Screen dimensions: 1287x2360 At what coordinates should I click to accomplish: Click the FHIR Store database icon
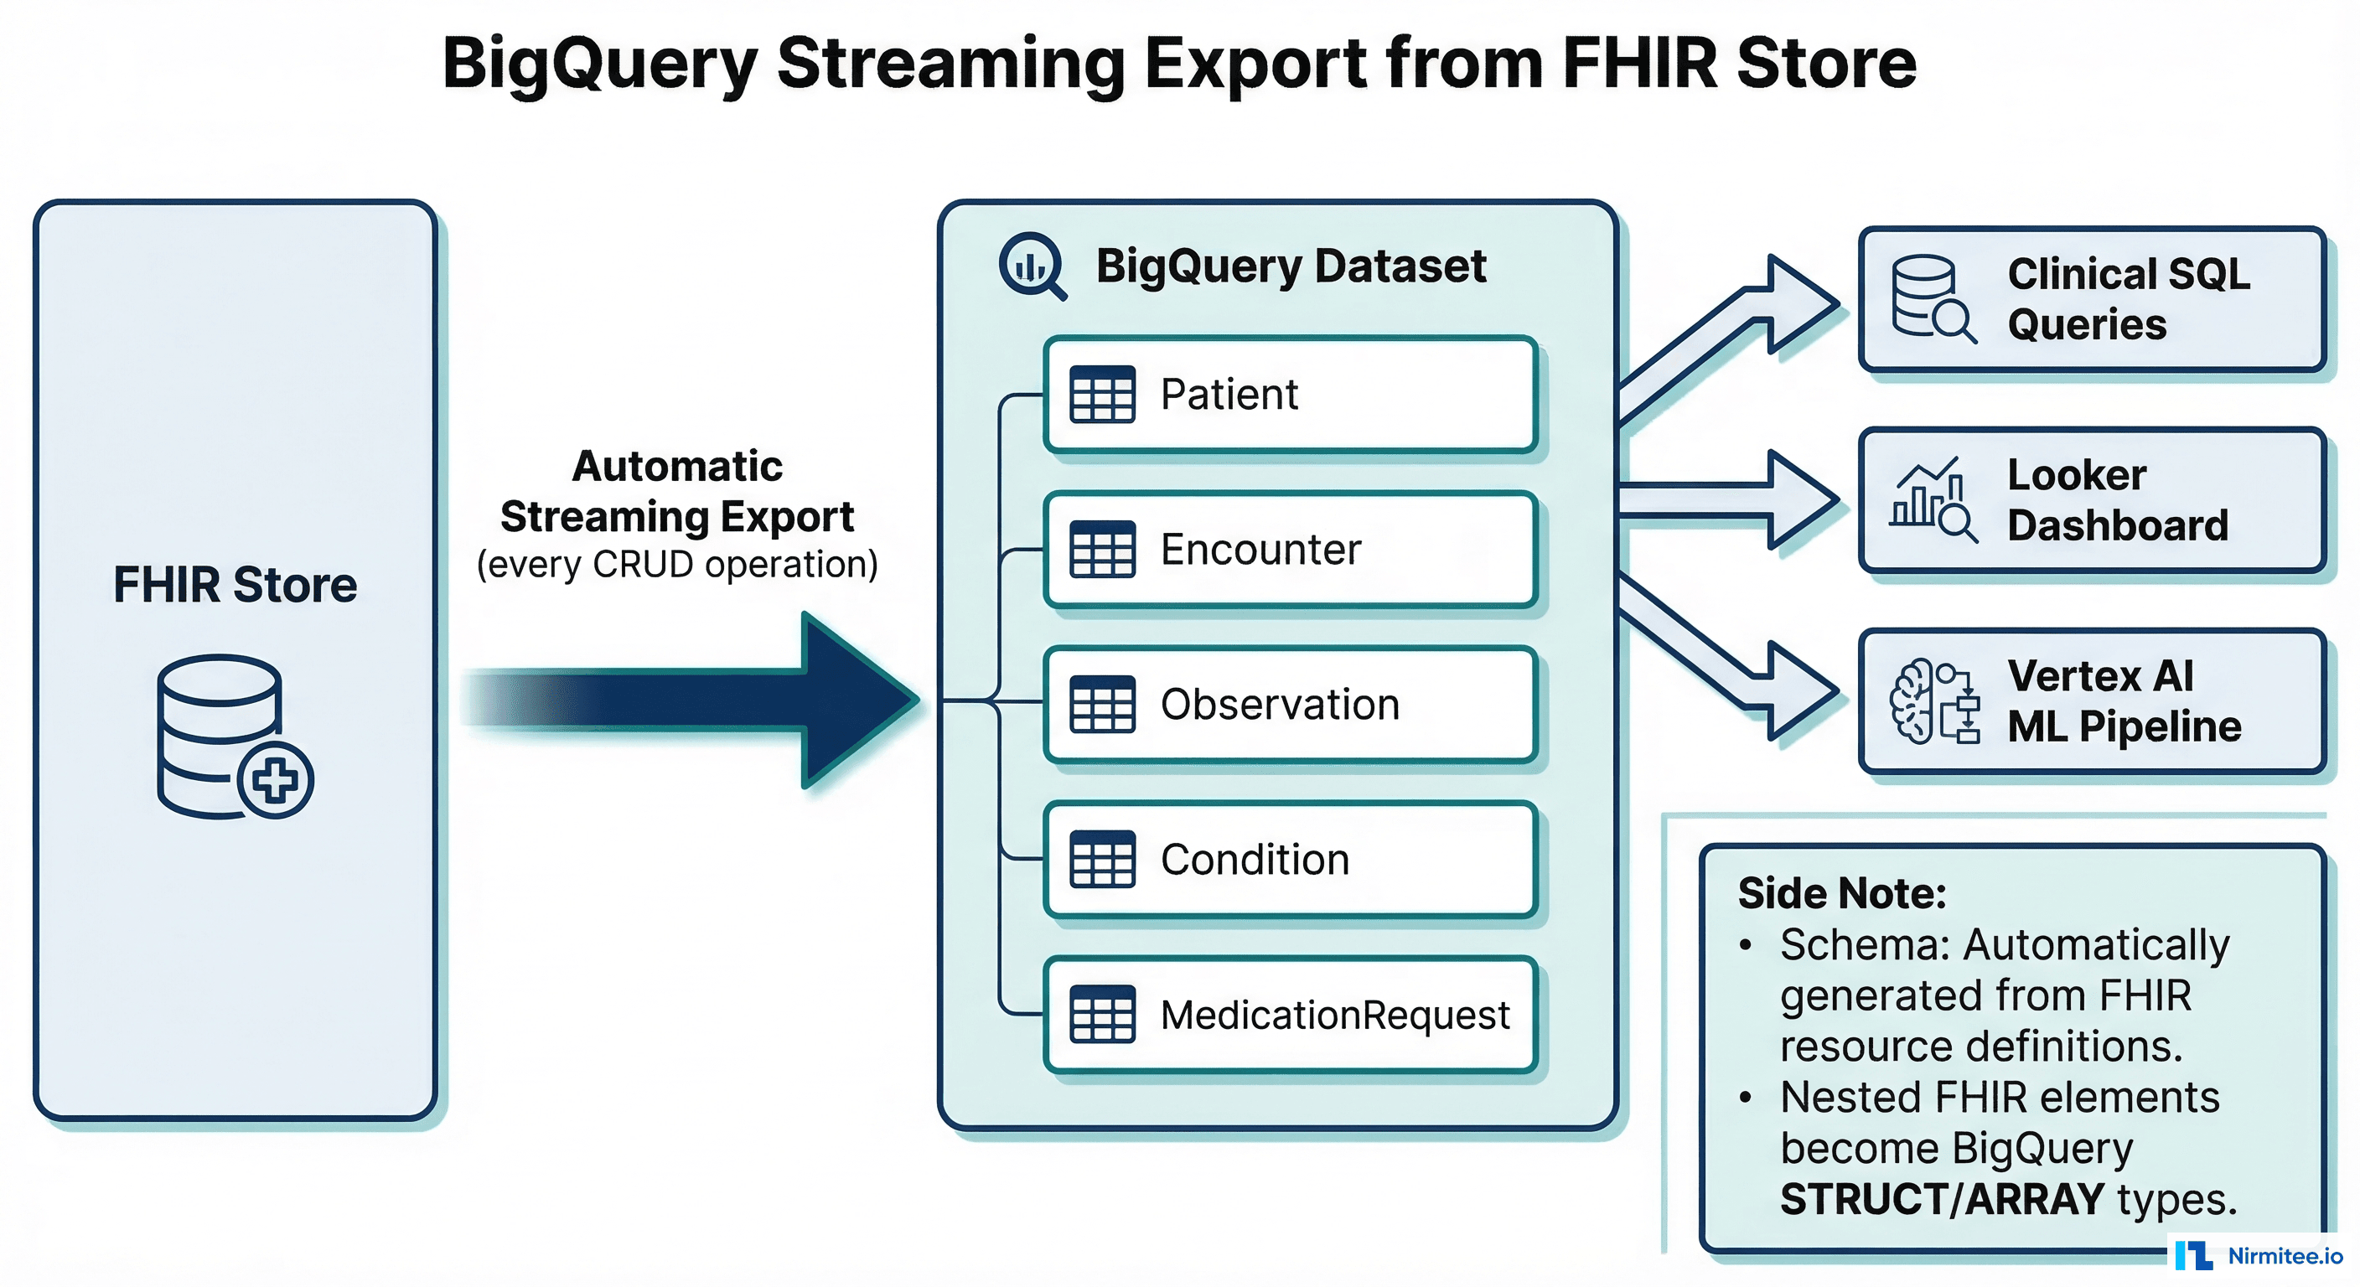(x=234, y=737)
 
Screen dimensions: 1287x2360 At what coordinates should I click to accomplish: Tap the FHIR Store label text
(x=235, y=584)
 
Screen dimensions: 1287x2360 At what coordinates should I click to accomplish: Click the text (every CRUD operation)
(x=677, y=564)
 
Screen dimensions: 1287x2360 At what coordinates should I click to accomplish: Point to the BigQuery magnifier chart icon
(x=1032, y=266)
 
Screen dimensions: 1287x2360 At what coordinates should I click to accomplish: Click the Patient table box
(x=1290, y=395)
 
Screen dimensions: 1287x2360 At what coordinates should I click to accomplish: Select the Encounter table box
(x=1290, y=550)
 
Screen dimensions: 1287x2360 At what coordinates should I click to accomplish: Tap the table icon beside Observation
(x=1102, y=705)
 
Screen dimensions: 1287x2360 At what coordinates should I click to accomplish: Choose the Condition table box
(x=1290, y=859)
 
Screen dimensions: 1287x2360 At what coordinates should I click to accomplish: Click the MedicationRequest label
(x=1334, y=1015)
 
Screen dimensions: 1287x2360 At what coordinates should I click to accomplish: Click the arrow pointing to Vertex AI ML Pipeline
(x=1731, y=664)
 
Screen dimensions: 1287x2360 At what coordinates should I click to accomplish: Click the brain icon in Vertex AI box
(x=1913, y=701)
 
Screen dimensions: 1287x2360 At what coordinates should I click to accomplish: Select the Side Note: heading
(x=1841, y=893)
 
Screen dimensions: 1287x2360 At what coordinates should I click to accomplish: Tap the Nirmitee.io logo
(x=2259, y=1256)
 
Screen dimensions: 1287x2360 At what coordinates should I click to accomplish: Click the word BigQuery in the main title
(x=600, y=65)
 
